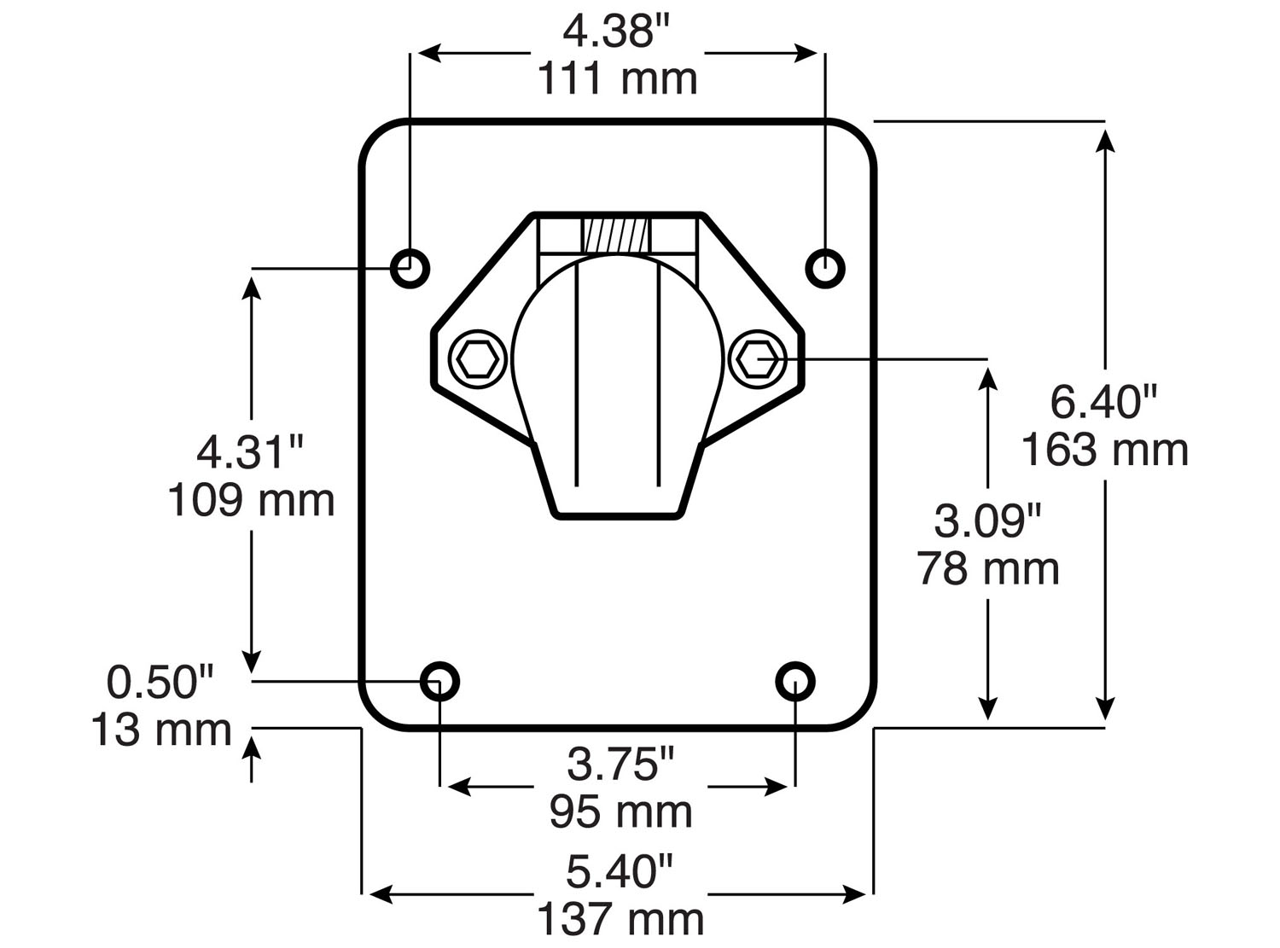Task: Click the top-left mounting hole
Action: pos(410,269)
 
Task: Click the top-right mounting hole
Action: pos(825,269)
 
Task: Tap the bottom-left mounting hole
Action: pos(440,681)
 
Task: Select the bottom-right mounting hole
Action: pos(795,681)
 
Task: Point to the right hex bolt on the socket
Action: pos(757,360)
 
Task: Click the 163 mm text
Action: pos(1104,450)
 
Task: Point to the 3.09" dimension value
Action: pos(988,521)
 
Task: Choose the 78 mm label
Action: pos(988,568)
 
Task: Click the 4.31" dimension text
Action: pos(250,452)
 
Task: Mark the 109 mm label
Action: pos(250,500)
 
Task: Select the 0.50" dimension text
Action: pos(160,683)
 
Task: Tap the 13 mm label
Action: pos(161,730)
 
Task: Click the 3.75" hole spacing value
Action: pos(620,764)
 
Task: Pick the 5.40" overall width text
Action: pos(620,872)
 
